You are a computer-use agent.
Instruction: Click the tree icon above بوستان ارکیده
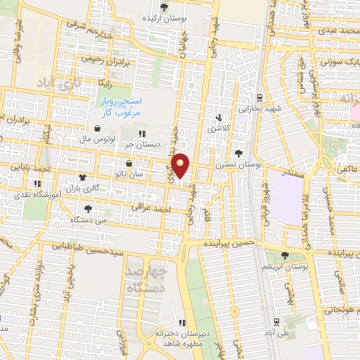[x=165, y=7]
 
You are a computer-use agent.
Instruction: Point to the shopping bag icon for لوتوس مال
[x=96, y=129]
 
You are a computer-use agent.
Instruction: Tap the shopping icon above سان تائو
[x=129, y=163]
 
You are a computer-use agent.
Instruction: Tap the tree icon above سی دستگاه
[x=88, y=209]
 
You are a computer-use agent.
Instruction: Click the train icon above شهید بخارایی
[x=260, y=98]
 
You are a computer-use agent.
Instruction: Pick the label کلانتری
[x=218, y=129]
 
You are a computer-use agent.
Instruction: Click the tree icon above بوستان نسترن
[x=238, y=153]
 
